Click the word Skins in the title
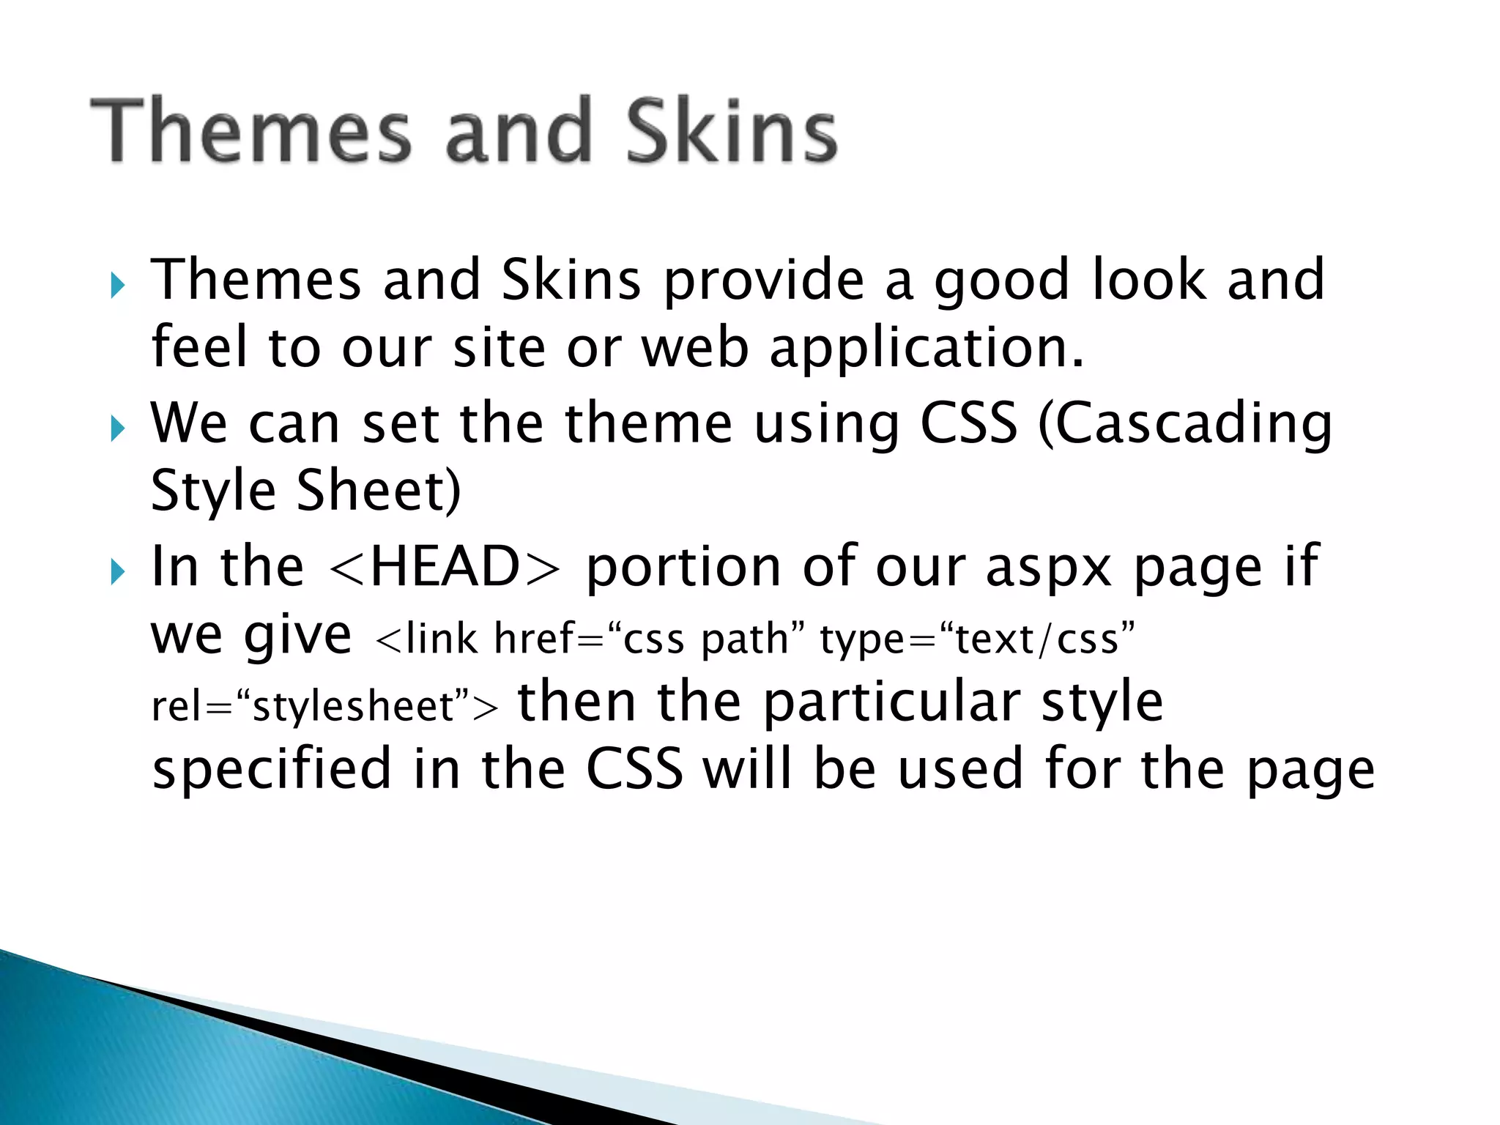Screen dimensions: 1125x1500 click(x=731, y=132)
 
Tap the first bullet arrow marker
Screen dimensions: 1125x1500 click(x=117, y=285)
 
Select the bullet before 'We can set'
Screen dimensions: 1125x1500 click(x=117, y=428)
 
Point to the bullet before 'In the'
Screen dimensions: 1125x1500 click(x=117, y=571)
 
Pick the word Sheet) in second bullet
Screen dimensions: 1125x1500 click(x=379, y=491)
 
